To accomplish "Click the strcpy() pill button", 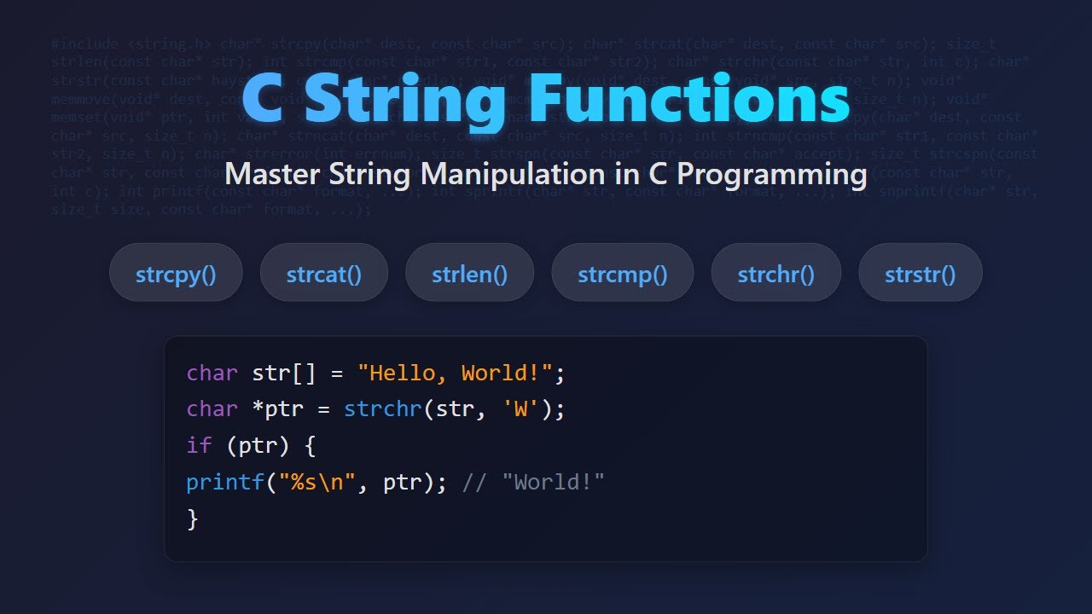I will point(176,273).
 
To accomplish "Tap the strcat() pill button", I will point(324,273).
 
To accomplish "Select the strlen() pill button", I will point(469,273).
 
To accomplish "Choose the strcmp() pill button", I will point(623,273).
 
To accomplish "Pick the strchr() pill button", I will point(776,273).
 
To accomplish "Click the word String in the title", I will point(404,100).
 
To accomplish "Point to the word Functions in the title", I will point(689,100).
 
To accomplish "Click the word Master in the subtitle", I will point(274,175).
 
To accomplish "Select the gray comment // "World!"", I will point(533,483).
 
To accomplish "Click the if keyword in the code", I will point(196,446).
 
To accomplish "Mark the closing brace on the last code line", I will point(192,518).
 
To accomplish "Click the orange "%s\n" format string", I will point(317,483).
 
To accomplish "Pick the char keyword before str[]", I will point(212,373).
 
